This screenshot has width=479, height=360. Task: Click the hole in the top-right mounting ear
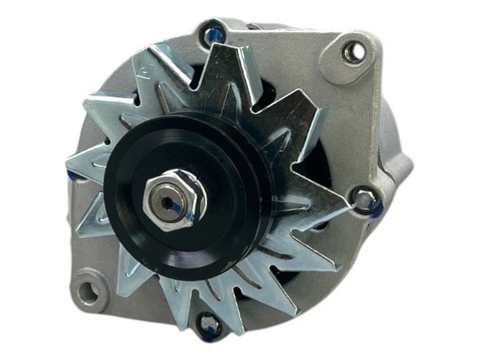(x=353, y=51)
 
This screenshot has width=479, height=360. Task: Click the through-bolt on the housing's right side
(x=363, y=196)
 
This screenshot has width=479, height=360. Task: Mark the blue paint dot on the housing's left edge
(x=71, y=175)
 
